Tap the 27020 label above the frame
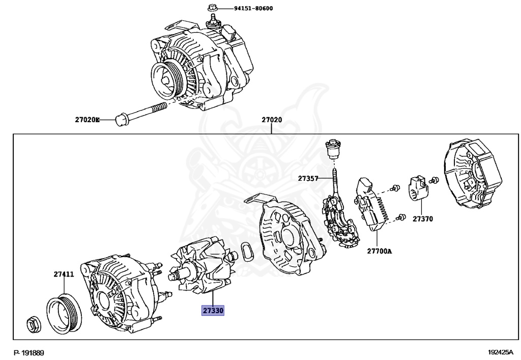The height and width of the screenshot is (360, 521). click(x=272, y=120)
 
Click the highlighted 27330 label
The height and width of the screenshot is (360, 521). click(x=213, y=310)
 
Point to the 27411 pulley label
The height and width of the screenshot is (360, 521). click(x=64, y=274)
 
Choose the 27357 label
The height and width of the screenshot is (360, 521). click(x=308, y=178)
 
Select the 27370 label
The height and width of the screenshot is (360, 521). click(x=422, y=219)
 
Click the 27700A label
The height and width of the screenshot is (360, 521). click(x=380, y=251)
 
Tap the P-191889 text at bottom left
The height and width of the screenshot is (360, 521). click(x=30, y=353)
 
